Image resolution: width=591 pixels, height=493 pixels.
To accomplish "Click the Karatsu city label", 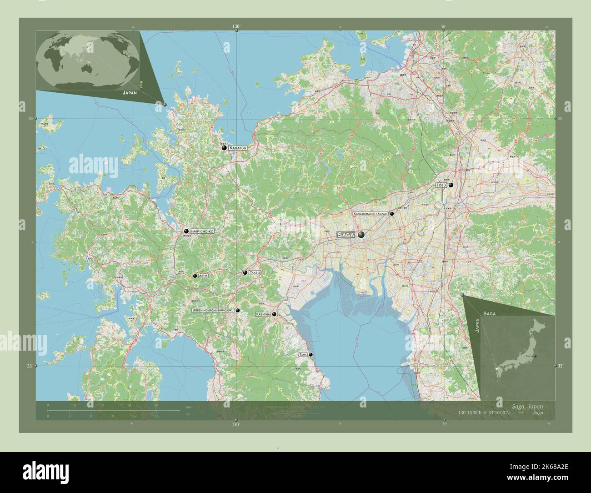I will click(x=238, y=148).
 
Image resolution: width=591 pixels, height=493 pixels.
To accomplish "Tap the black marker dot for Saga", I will click(x=361, y=235).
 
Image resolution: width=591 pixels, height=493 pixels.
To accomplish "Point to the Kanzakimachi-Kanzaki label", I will click(x=370, y=213).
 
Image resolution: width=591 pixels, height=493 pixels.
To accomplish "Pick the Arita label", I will click(x=203, y=276).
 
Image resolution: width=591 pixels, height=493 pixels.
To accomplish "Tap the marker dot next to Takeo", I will click(x=245, y=272).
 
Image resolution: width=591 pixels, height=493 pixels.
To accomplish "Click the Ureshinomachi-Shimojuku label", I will click(x=213, y=310).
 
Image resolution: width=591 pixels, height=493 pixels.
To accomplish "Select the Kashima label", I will click(x=263, y=314).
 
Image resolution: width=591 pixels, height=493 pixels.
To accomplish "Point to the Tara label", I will click(x=303, y=354).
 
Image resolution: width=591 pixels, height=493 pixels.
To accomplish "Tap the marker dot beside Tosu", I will click(x=451, y=186).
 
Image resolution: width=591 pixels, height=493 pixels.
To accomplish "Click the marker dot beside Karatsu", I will click(x=224, y=148).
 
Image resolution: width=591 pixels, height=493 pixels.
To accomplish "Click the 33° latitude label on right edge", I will click(x=561, y=366).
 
